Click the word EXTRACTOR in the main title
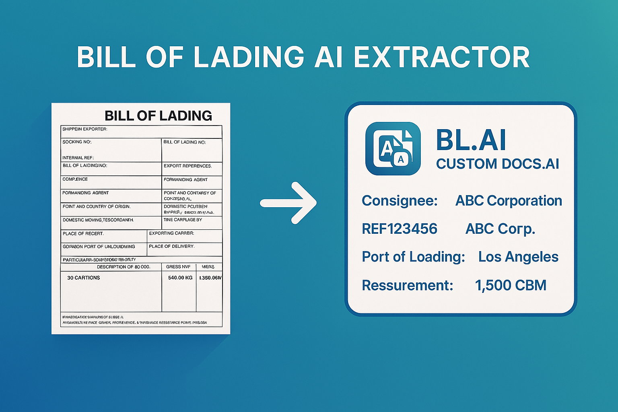click(441, 57)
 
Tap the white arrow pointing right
click(288, 203)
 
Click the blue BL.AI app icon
click(393, 148)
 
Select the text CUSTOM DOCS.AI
click(498, 164)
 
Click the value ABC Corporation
click(509, 200)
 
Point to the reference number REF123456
click(400, 229)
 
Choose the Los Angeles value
click(518, 257)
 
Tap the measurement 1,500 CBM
click(511, 285)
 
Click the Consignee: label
click(400, 200)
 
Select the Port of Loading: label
click(413, 257)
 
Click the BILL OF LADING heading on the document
click(158, 116)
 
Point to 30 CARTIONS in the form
click(84, 278)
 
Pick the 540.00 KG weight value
click(180, 278)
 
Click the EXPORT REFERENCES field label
click(187, 166)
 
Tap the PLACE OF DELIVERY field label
click(172, 246)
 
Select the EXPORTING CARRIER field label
click(171, 233)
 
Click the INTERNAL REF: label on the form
click(78, 158)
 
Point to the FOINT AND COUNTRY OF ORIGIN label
click(97, 206)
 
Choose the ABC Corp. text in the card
click(500, 229)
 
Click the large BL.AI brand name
click(471, 140)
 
